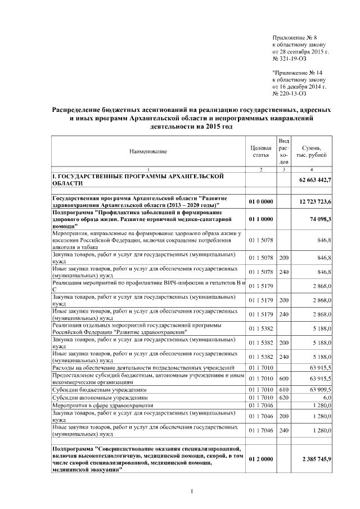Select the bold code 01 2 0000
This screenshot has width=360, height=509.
click(260, 460)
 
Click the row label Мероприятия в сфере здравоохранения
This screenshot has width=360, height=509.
click(102, 405)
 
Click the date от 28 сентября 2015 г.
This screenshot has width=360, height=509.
click(300, 51)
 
